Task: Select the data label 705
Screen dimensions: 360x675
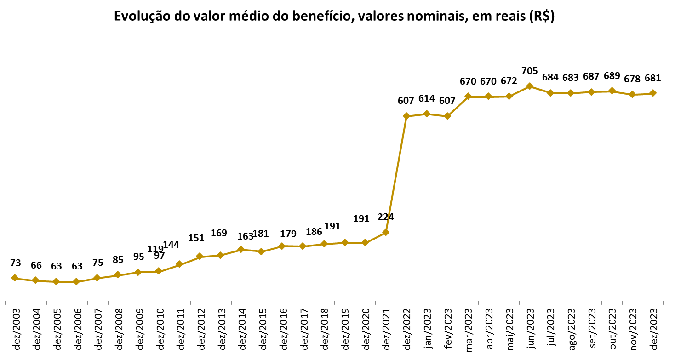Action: pos(530,71)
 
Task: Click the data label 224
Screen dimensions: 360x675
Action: pos(385,217)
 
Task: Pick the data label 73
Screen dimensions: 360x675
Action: pos(15,263)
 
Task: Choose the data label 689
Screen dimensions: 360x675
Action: pos(612,76)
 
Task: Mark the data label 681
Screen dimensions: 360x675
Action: pos(652,78)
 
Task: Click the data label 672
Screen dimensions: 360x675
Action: pos(509,81)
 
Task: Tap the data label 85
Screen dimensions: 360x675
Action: pos(118,260)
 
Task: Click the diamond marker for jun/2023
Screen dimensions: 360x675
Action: pos(530,86)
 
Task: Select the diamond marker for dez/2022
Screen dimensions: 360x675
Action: pos(406,116)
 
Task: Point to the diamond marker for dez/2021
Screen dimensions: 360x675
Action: pos(386,232)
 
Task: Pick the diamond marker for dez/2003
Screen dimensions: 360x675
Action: pos(15,278)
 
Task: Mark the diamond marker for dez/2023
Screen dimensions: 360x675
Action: pos(652,93)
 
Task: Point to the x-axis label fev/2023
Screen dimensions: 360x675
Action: pos(447,328)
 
